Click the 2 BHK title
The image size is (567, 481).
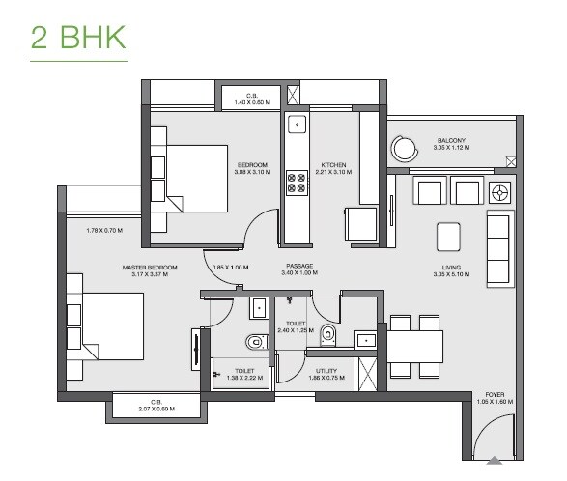point(78,38)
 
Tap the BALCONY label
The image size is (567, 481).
point(451,141)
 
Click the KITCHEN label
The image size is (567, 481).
point(334,165)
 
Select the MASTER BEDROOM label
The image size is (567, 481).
point(150,267)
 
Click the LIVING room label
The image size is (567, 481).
point(451,267)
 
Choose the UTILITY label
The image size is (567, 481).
point(326,370)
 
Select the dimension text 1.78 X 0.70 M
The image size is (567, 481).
point(105,230)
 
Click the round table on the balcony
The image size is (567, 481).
point(402,147)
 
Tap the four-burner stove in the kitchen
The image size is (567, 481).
point(297,184)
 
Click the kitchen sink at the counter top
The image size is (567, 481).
point(297,125)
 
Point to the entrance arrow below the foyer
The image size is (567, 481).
point(495,460)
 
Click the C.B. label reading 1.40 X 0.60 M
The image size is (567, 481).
point(251,98)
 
